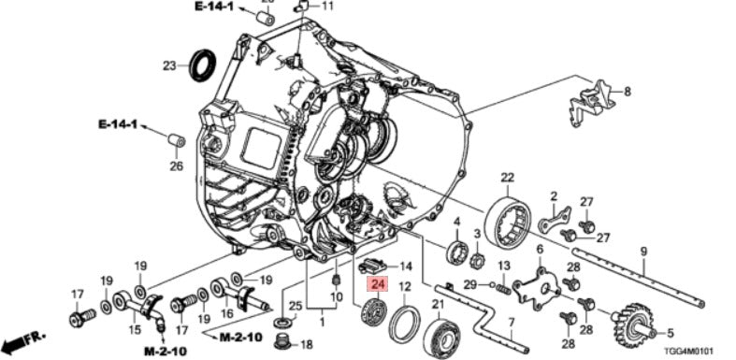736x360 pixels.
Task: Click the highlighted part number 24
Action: click(x=377, y=286)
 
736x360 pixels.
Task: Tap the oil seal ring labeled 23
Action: click(x=202, y=66)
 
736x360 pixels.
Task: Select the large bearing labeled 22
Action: click(x=508, y=222)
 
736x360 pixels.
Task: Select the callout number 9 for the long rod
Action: click(x=643, y=251)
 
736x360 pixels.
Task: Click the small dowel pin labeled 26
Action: click(x=174, y=141)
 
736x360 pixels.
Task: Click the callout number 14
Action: click(x=405, y=266)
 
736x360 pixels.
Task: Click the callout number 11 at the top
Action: click(x=326, y=7)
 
